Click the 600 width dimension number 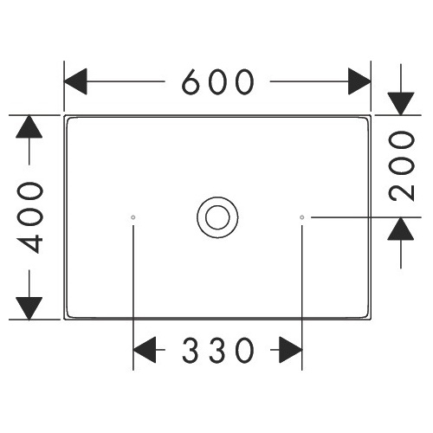click(218, 82)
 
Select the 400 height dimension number click(29, 217)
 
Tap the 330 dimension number click(218, 350)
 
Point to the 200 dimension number click(402, 165)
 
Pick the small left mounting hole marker click(133, 217)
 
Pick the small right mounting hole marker click(302, 217)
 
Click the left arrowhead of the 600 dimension click(75, 81)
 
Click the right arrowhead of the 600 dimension click(359, 81)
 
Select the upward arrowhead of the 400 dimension click(29, 126)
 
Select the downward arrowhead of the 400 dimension click(29, 308)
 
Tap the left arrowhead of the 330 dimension click(145, 350)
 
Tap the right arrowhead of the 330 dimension click(291, 350)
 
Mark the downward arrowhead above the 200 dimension click(401, 104)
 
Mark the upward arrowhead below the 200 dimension click(401, 229)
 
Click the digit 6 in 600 click(191, 82)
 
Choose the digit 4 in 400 click(29, 244)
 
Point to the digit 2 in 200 click(402, 192)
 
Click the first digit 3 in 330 click(191, 350)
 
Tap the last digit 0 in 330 click(245, 350)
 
